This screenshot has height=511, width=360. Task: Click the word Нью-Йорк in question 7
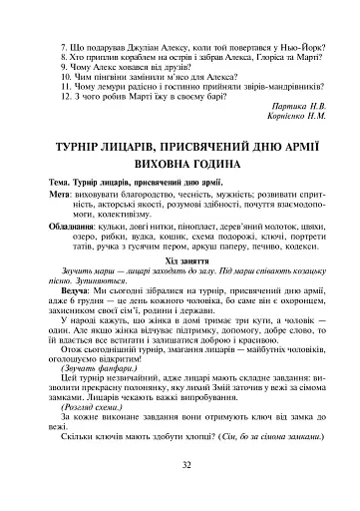pos(304,46)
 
